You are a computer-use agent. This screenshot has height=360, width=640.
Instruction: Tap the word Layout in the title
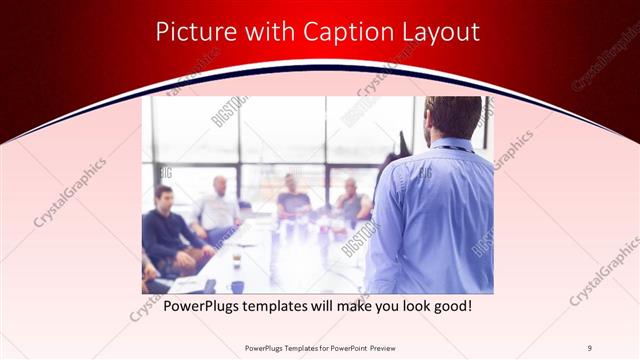(x=438, y=32)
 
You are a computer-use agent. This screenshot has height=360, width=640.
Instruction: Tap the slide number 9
(x=590, y=348)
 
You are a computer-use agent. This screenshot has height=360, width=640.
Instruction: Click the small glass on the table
(x=236, y=258)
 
